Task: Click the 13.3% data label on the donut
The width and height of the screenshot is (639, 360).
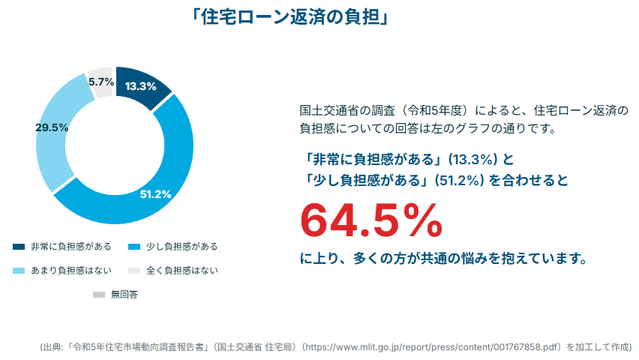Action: click(x=140, y=85)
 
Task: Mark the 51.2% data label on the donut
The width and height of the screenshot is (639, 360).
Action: click(x=156, y=194)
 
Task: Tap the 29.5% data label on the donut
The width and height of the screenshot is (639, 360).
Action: click(x=52, y=127)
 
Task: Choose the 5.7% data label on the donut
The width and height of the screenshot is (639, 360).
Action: click(x=100, y=81)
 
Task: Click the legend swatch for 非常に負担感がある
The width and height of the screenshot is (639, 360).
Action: click(x=19, y=247)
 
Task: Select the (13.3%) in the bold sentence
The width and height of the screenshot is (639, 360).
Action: click(x=474, y=159)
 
